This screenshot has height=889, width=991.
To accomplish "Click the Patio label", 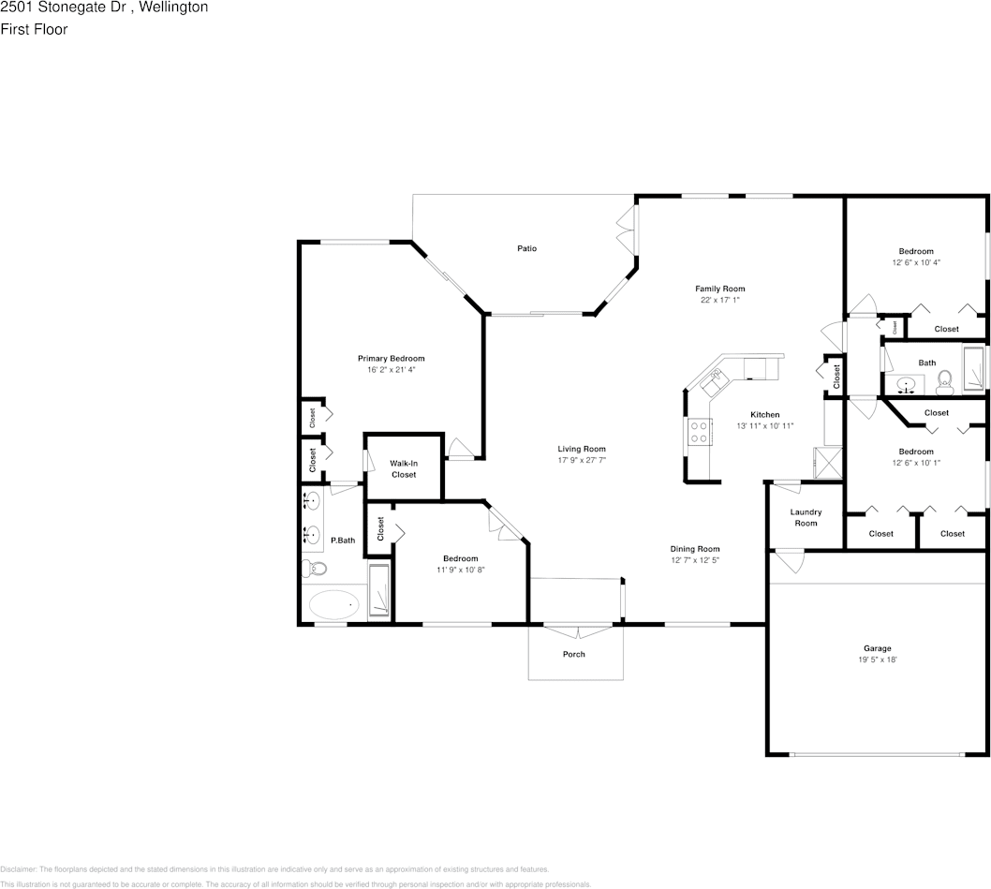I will (x=527, y=248).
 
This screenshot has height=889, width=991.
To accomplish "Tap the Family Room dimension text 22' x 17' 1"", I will (x=719, y=301).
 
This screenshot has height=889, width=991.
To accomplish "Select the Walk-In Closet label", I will (x=404, y=468).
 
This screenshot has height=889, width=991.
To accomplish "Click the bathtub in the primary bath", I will (x=334, y=605).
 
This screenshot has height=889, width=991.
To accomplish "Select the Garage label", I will (x=877, y=648).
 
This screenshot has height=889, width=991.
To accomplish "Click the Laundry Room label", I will (x=806, y=517).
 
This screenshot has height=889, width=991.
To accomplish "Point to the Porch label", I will (x=574, y=654).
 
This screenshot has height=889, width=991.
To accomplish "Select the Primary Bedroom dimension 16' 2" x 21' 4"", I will (x=392, y=370).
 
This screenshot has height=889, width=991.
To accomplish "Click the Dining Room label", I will (x=694, y=549).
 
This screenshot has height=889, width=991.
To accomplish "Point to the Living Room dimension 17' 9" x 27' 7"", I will (x=582, y=460).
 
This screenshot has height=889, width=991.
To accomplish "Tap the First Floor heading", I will (x=34, y=29).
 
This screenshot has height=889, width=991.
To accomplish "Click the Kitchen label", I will (x=764, y=414).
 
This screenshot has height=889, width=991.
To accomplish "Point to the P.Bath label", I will (x=343, y=540).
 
